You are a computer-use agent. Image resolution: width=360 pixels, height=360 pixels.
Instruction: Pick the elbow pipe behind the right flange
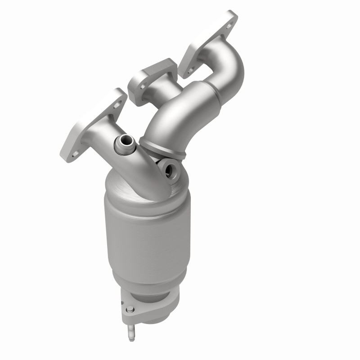point(227,63)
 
